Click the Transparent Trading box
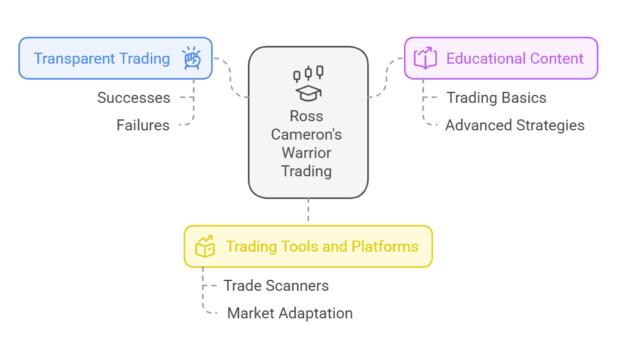click(115, 59)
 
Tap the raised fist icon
click(192, 58)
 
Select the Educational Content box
click(501, 59)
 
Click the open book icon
click(425, 58)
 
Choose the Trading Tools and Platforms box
click(308, 247)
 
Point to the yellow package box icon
click(204, 247)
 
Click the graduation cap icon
click(308, 92)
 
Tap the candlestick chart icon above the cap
click(308, 73)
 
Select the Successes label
click(134, 98)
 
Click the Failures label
click(143, 126)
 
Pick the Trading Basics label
click(496, 98)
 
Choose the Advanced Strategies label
click(515, 126)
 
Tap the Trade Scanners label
click(276, 286)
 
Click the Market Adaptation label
click(290, 313)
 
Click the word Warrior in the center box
click(307, 152)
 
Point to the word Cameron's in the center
click(307, 134)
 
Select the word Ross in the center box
click(307, 116)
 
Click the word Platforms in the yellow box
click(385, 247)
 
